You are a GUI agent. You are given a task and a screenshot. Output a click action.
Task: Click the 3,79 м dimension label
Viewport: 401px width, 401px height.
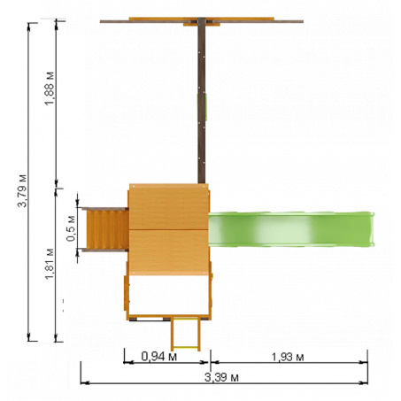tap(22, 191)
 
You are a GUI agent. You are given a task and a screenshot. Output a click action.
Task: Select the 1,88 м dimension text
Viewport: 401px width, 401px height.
tap(50, 89)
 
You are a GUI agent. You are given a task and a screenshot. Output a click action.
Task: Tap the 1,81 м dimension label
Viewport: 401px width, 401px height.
tap(50, 264)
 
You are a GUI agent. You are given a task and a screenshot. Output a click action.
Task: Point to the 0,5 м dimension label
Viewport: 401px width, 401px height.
tap(71, 228)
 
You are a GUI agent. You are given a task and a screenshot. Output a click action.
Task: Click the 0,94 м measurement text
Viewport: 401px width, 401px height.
tap(159, 357)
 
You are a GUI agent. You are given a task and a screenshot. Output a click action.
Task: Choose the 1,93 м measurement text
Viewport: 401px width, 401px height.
tap(288, 357)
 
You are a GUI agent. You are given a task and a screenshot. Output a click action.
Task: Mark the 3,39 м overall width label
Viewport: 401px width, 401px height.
tap(221, 377)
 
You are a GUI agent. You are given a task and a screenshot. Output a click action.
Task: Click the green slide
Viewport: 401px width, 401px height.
tap(291, 229)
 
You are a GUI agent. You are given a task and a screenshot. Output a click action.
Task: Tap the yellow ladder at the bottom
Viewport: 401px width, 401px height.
tap(186, 334)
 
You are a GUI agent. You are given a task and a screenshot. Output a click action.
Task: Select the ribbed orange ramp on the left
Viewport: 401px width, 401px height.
tap(107, 229)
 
